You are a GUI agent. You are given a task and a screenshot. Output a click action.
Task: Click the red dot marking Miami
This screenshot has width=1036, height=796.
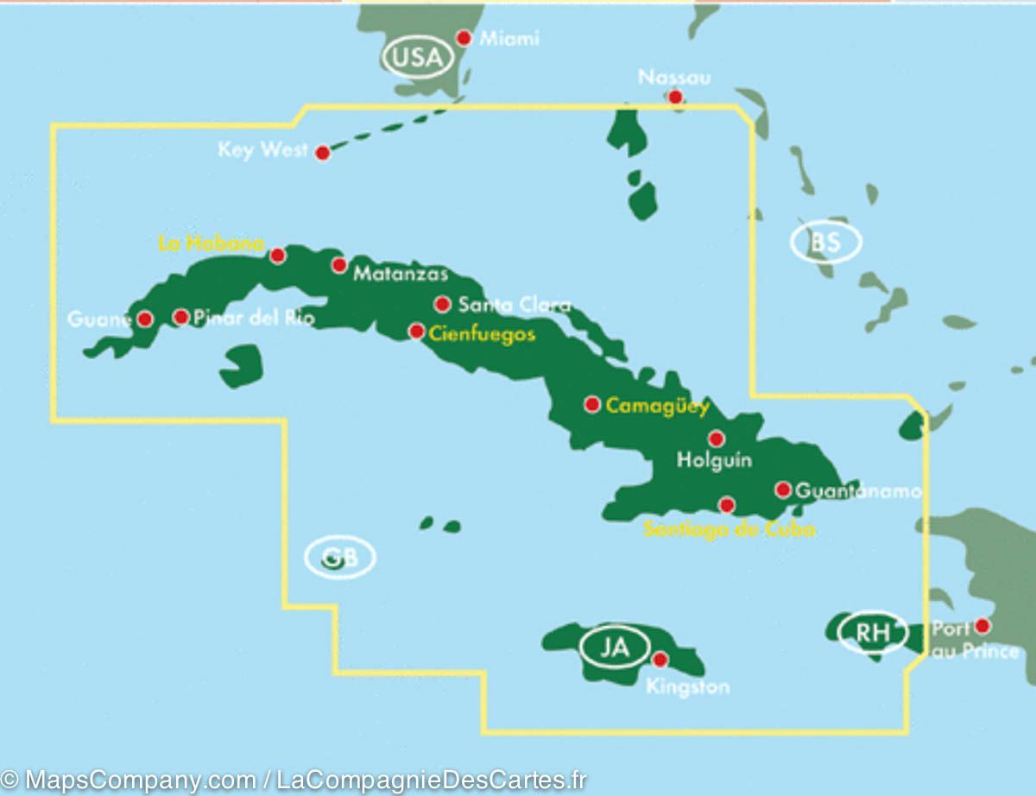click(x=464, y=38)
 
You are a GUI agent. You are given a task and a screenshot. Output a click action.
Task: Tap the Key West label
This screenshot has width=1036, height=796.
click(x=262, y=150)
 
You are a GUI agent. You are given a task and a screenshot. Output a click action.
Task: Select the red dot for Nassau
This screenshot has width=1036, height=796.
click(x=675, y=97)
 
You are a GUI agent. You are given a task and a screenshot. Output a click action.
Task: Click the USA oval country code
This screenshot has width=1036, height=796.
click(x=418, y=59)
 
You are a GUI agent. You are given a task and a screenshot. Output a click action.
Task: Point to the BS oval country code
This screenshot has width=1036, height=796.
click(x=825, y=243)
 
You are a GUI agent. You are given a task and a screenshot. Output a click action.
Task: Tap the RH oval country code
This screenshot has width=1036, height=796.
click(x=872, y=632)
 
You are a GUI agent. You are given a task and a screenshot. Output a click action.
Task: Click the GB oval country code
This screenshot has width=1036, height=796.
click(x=339, y=558)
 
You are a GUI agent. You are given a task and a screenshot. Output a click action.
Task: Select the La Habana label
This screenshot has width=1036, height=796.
click(x=211, y=244)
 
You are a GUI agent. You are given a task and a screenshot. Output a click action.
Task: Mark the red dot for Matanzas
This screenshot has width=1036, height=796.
click(x=339, y=265)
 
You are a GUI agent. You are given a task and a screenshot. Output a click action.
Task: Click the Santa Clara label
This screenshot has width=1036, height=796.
click(x=515, y=305)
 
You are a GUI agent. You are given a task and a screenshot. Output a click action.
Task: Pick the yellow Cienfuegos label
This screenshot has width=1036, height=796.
click(x=483, y=334)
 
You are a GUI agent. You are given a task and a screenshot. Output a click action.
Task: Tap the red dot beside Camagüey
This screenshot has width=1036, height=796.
click(x=592, y=404)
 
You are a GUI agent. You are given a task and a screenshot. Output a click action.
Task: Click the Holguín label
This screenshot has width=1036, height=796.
click(x=714, y=460)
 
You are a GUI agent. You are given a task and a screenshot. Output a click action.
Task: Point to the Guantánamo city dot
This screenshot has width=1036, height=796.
click(x=783, y=490)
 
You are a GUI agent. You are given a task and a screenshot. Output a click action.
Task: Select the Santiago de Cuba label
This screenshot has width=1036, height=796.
click(x=730, y=529)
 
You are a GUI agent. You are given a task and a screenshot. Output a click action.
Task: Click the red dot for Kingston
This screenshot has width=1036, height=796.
click(x=660, y=660)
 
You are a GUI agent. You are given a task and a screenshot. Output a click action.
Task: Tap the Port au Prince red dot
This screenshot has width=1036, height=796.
click(x=982, y=625)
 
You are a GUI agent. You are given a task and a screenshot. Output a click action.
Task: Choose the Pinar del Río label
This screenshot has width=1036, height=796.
click(x=254, y=318)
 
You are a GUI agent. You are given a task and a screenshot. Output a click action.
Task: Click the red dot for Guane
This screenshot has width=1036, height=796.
click(x=145, y=319)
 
